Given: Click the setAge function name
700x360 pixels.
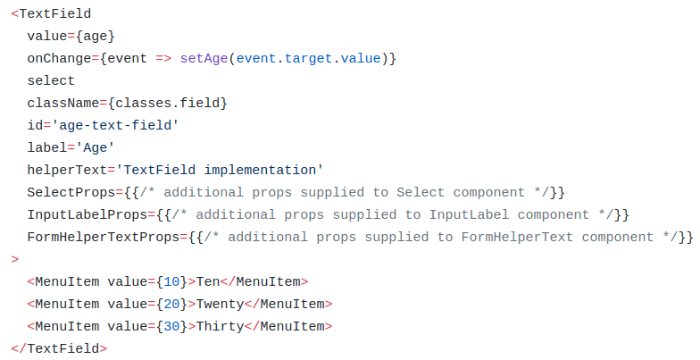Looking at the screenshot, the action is (x=204, y=59).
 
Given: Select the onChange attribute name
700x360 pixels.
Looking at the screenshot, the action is (x=59, y=59).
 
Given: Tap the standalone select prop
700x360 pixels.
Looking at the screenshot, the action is (x=51, y=80).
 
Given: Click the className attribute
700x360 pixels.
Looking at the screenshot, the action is (x=63, y=104).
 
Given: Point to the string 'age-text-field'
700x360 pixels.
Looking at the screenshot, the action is (x=115, y=125).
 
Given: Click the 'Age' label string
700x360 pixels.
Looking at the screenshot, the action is (x=95, y=148).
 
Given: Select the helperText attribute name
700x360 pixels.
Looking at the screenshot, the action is (x=68, y=170).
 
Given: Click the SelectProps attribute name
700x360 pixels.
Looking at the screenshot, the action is (x=71, y=193).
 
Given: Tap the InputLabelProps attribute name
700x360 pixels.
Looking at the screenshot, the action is (x=87, y=214).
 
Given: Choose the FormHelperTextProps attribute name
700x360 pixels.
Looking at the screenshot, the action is (x=104, y=238).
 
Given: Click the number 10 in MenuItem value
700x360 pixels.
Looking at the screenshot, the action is (x=171, y=282).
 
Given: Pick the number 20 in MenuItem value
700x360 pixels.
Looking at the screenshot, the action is (x=171, y=304).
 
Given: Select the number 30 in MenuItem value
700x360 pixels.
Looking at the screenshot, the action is (x=171, y=327).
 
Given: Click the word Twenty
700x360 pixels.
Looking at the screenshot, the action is (x=220, y=304).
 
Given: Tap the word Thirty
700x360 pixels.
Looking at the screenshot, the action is (x=220, y=327).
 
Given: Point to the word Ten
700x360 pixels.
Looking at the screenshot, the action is (x=208, y=282).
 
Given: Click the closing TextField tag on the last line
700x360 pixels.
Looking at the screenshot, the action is (x=59, y=348).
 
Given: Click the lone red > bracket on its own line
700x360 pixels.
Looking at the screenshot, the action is (x=15, y=259).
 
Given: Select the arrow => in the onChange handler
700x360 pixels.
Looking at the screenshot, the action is (x=164, y=59).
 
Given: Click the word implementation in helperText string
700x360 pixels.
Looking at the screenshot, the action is (x=261, y=170).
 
